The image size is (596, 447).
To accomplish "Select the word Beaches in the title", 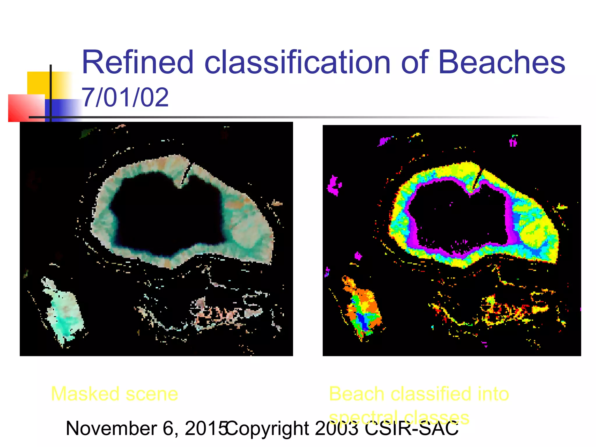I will click(501, 62).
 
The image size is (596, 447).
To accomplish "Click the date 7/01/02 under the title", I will click(125, 97).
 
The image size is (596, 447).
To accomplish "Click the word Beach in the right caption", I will click(357, 394).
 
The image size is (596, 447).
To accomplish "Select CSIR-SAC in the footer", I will click(411, 428).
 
